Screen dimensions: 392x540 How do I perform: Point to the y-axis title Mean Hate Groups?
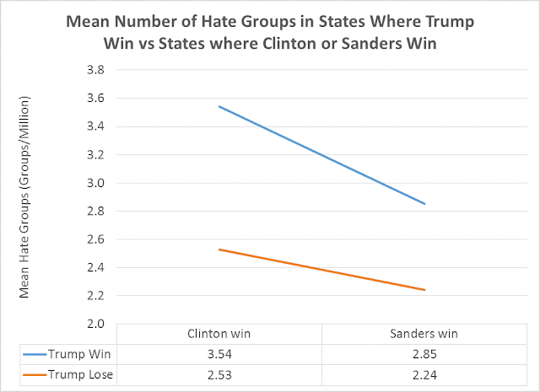(26, 198)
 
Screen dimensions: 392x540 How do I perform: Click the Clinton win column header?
(219, 334)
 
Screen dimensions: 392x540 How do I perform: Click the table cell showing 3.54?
(219, 353)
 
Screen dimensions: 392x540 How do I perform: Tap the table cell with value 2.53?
(219, 373)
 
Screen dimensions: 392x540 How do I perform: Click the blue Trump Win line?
(321, 155)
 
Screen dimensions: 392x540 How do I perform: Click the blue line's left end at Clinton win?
(219, 106)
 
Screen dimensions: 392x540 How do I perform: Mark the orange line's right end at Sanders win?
(424, 290)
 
